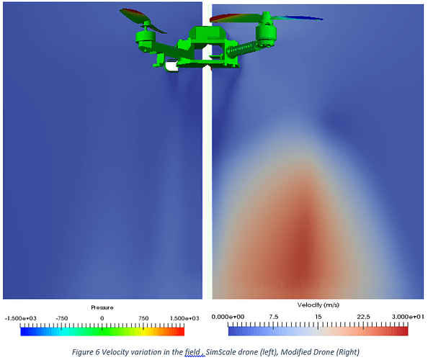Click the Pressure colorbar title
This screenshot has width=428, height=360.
tap(102, 307)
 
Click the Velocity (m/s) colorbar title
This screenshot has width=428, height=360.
tap(318, 305)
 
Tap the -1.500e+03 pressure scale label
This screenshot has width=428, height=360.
tap(20, 318)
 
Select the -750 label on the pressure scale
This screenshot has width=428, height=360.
tap(62, 318)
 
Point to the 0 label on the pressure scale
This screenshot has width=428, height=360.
tap(102, 318)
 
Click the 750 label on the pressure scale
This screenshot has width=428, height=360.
tap(143, 318)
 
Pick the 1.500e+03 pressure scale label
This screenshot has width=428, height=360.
tap(184, 318)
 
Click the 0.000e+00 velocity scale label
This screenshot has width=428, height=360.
tap(228, 317)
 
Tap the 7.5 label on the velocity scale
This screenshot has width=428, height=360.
tap(273, 317)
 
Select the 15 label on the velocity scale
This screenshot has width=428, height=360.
tap(318, 317)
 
